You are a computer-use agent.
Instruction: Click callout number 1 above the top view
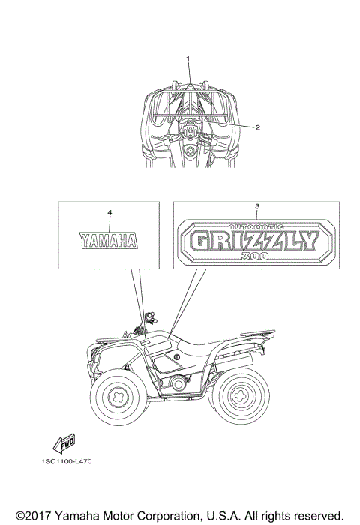click(x=187, y=58)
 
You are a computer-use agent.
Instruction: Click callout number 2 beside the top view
click(x=257, y=127)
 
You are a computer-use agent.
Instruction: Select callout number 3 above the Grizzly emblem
click(x=256, y=206)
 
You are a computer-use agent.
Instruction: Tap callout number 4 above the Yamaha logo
click(x=109, y=212)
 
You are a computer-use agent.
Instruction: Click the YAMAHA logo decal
click(x=109, y=241)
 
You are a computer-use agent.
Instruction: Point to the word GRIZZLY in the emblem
click(x=254, y=241)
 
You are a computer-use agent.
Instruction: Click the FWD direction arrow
click(x=64, y=444)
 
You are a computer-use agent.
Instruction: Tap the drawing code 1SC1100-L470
click(x=67, y=461)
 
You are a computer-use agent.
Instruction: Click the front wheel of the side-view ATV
click(x=118, y=397)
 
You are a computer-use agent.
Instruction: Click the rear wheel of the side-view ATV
click(x=241, y=396)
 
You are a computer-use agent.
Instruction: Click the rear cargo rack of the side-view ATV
click(x=257, y=333)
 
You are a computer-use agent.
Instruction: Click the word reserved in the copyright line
click(x=317, y=515)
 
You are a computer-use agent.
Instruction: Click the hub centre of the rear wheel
click(x=241, y=396)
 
